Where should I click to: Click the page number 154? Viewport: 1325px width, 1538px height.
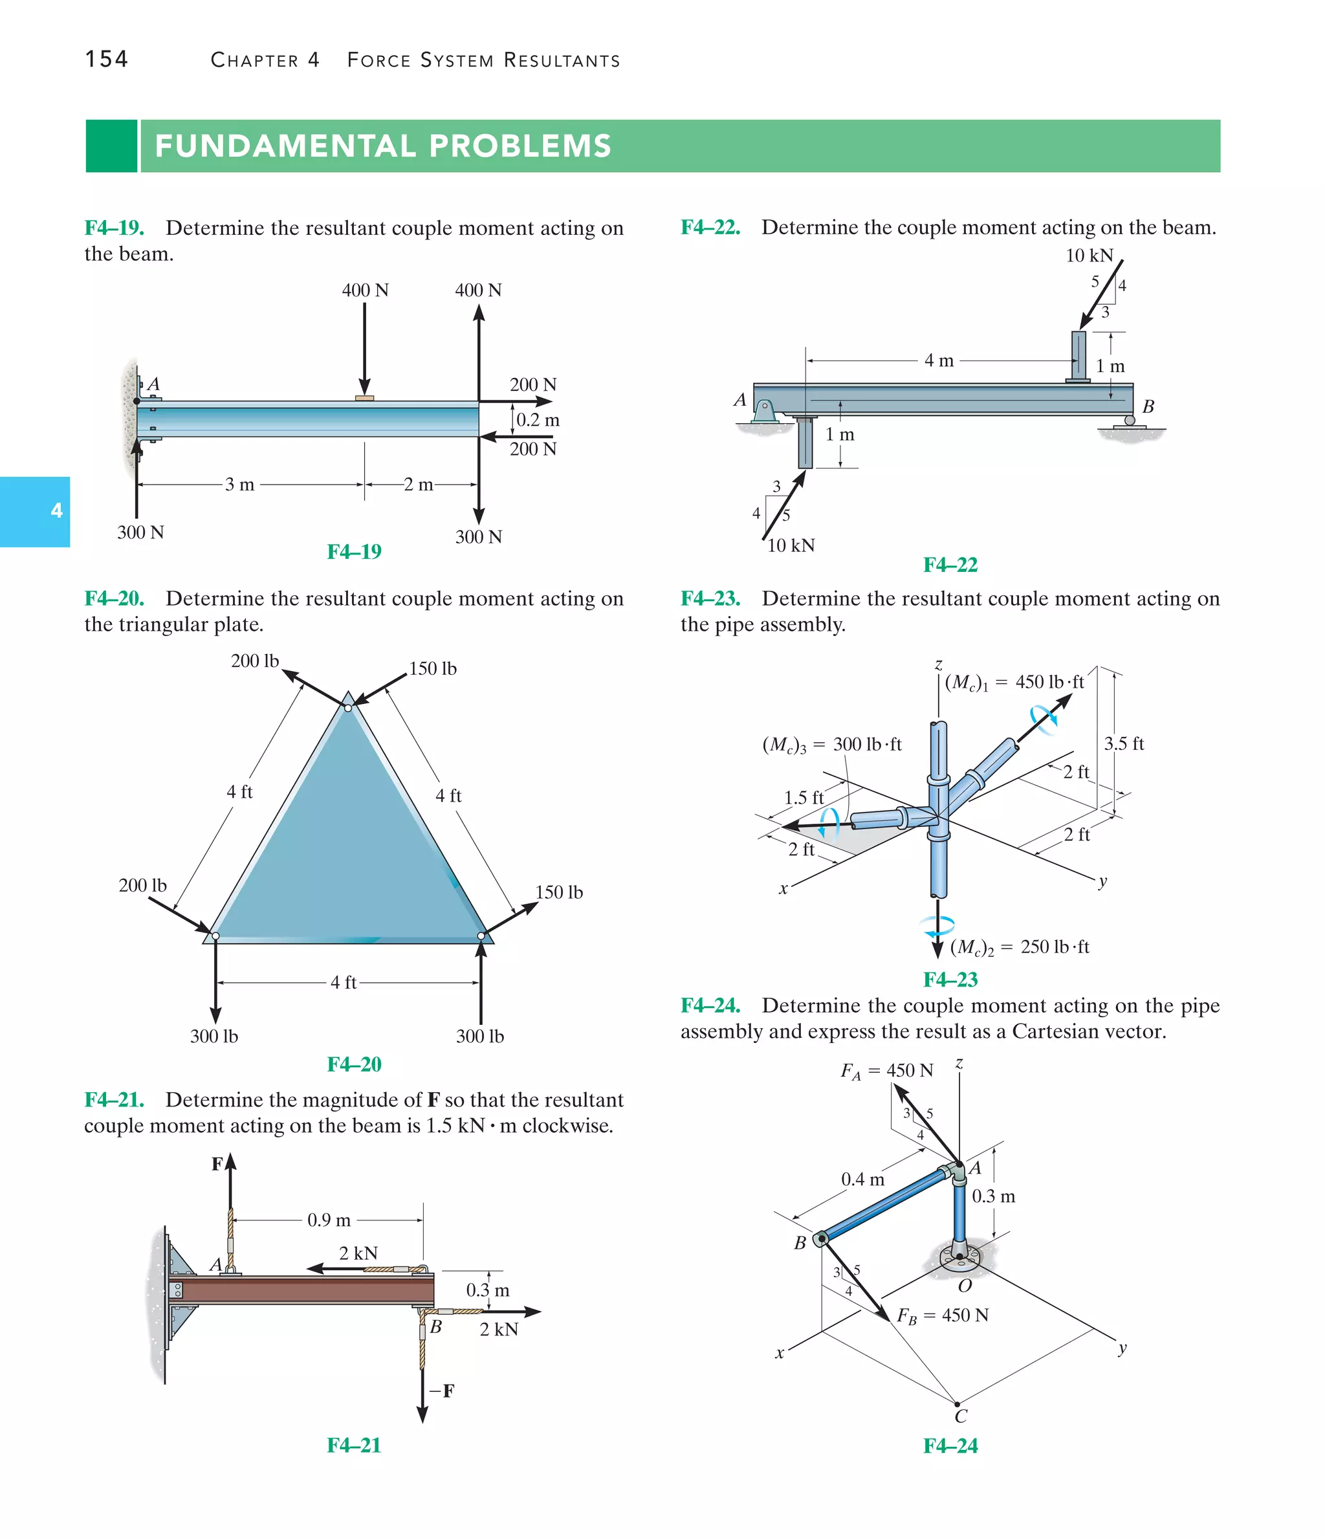click(106, 60)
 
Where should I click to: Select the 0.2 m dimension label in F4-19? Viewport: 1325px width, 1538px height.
click(538, 420)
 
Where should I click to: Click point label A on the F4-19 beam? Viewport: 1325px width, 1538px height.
click(153, 384)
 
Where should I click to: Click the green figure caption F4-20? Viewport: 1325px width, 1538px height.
click(354, 1064)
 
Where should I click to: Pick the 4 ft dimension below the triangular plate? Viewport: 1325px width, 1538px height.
click(344, 982)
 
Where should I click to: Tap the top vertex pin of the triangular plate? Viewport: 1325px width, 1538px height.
click(348, 707)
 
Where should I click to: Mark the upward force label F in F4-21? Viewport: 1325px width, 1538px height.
click(217, 1164)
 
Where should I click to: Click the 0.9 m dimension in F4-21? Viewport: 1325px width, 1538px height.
click(329, 1220)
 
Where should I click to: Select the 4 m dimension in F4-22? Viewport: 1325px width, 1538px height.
click(938, 361)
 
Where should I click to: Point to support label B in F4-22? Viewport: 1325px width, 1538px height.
click(1148, 407)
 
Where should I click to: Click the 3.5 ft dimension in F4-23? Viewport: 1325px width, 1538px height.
click(1123, 743)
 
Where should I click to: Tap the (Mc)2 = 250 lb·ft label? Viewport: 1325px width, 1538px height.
click(1019, 947)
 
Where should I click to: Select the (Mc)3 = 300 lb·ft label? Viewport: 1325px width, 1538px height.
click(831, 745)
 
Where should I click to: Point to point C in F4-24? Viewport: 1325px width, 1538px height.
click(961, 1416)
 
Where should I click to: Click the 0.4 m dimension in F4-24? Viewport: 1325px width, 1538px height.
click(862, 1180)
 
